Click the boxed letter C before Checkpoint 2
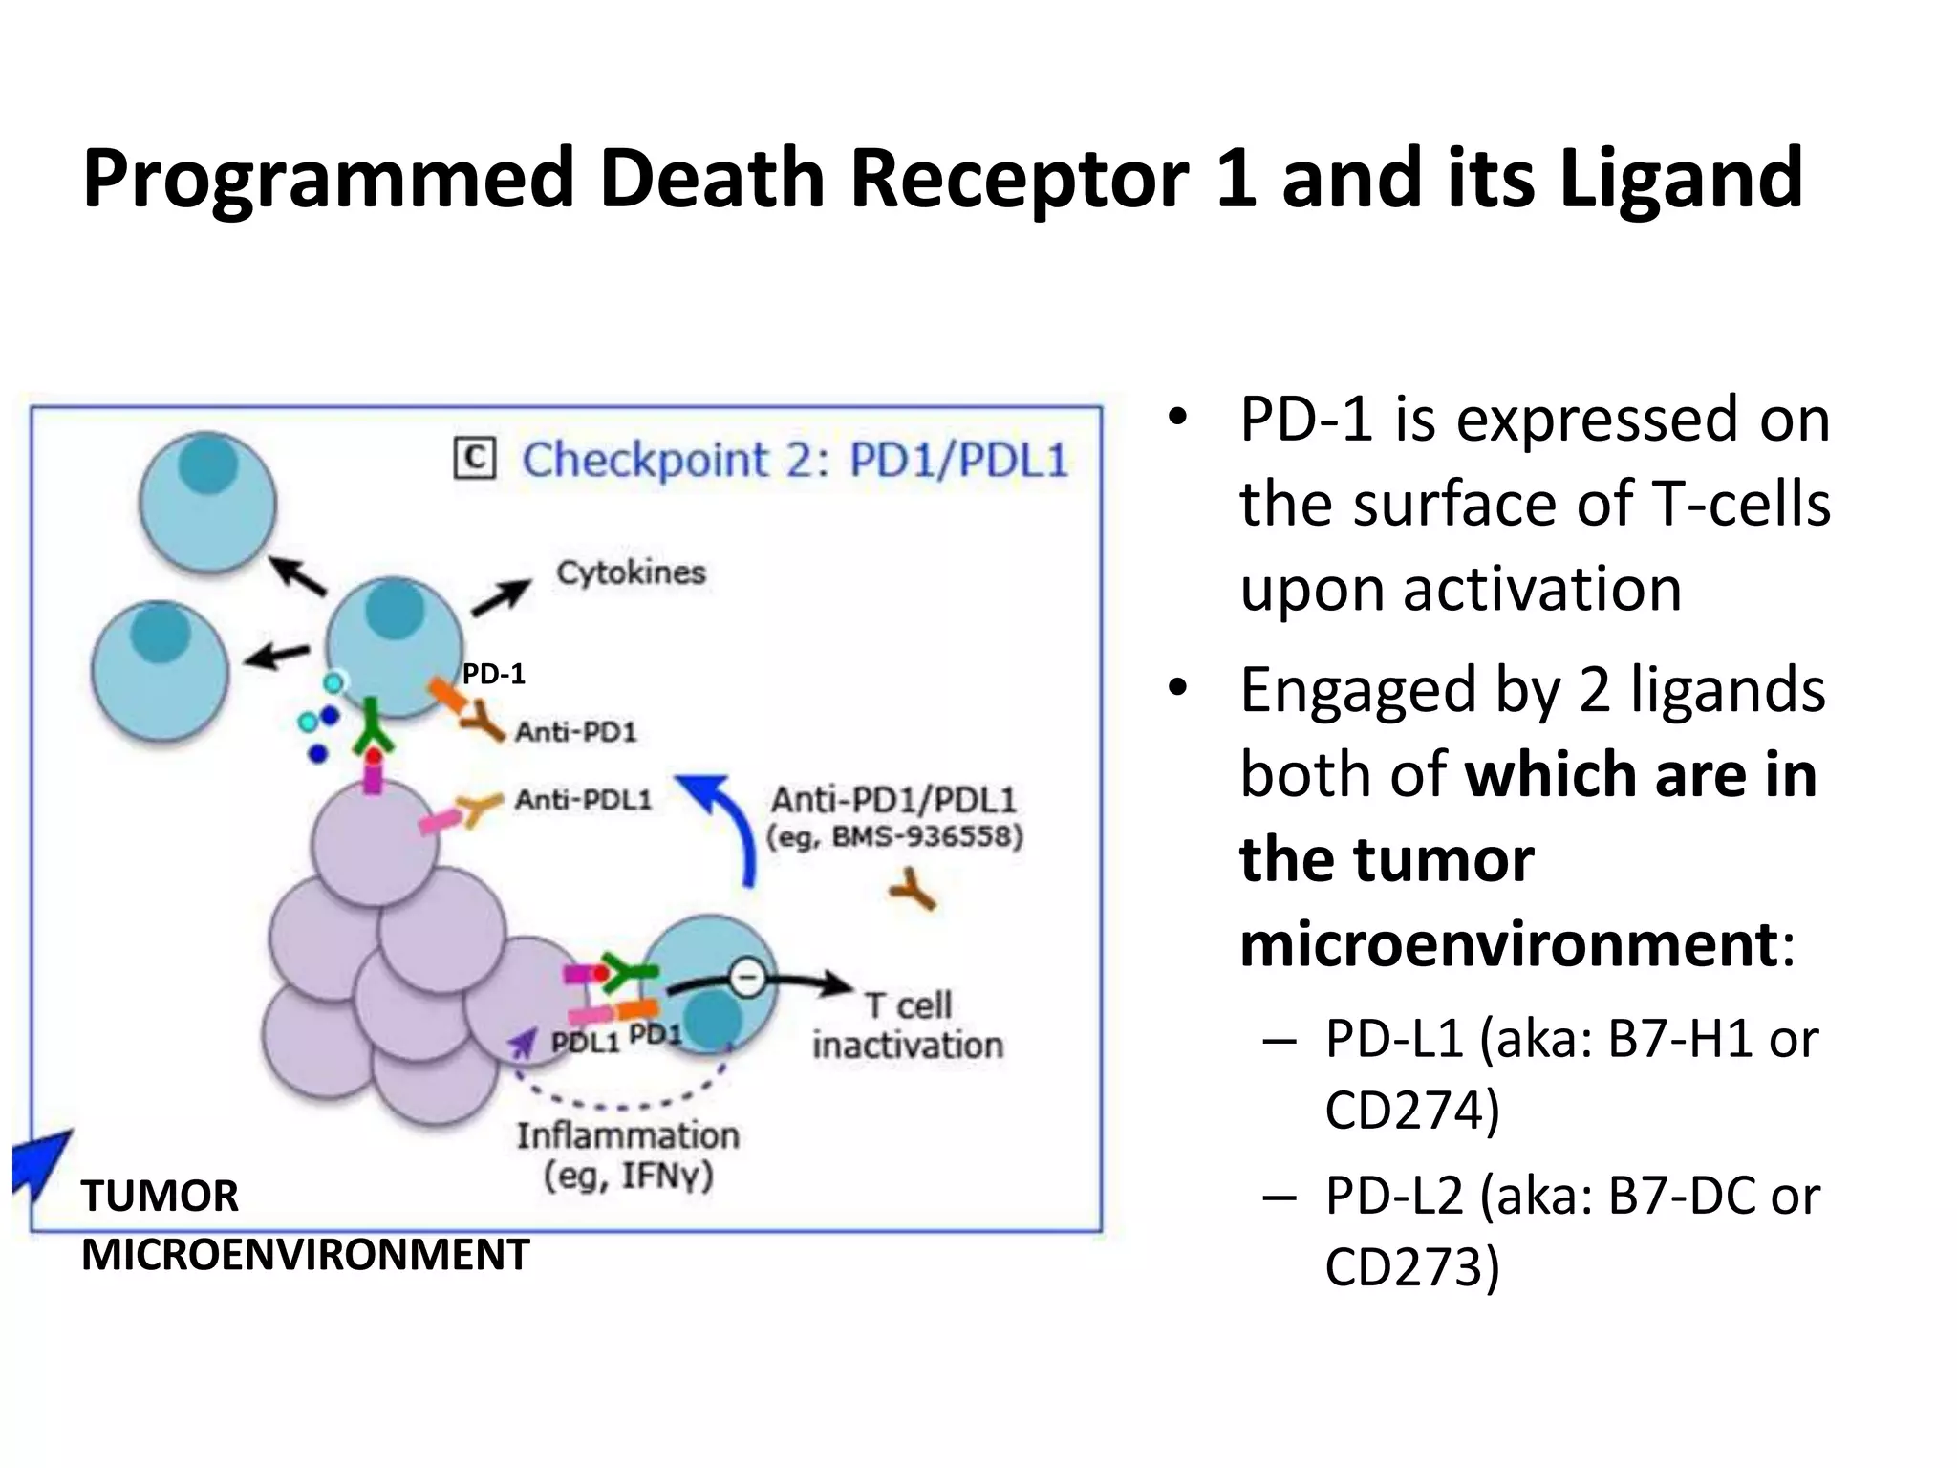click(475, 459)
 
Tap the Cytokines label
click(631, 572)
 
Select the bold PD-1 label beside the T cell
click(493, 675)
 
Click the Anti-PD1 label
click(575, 732)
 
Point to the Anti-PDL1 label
click(583, 799)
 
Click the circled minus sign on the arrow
click(747, 978)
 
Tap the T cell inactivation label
click(907, 1025)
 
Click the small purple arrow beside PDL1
click(523, 1044)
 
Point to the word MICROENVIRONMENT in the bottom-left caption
click(305, 1255)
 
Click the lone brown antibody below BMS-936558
click(914, 890)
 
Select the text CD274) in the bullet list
click(1411, 1110)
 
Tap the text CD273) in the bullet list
click(1411, 1267)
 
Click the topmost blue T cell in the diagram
click(207, 502)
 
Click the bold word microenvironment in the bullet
click(1507, 944)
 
